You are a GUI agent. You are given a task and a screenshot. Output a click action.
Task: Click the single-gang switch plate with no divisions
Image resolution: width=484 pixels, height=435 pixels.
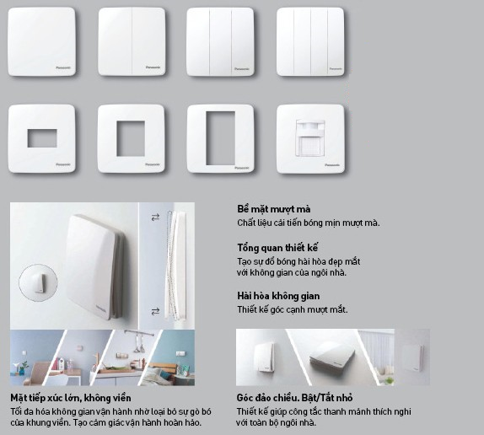pos(41,41)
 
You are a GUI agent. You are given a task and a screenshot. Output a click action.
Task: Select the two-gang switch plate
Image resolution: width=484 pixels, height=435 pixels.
pos(132,41)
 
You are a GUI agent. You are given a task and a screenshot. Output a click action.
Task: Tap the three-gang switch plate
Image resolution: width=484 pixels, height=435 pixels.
pos(220,41)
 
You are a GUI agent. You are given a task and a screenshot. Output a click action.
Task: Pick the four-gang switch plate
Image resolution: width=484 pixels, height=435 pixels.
pos(310,41)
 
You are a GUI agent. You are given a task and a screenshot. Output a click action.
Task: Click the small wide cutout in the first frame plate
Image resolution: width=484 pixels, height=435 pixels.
pos(42,138)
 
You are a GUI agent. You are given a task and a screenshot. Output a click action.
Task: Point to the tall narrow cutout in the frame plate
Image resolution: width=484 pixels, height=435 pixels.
pos(220,138)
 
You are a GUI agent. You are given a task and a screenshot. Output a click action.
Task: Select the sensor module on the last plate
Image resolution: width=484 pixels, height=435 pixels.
pos(310,138)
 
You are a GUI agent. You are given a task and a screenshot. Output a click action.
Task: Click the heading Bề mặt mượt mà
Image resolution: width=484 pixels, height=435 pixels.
pos(274,209)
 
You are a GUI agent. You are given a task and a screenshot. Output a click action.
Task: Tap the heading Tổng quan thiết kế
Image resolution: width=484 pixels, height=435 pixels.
pos(277,248)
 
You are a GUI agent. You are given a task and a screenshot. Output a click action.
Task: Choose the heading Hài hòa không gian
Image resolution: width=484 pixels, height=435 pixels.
pos(278,296)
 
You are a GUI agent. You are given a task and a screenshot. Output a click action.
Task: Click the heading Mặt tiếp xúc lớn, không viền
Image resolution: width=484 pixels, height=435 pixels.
pos(71,398)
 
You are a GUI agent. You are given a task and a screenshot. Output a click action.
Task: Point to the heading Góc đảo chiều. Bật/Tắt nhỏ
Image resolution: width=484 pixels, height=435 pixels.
pos(294,398)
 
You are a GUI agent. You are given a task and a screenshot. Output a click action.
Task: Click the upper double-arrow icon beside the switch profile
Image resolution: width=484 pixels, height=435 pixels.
pos(155,217)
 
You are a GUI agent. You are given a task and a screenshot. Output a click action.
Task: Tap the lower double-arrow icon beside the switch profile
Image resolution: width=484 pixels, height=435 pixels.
pos(155,312)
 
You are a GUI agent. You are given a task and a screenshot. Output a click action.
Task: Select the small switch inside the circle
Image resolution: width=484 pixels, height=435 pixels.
pos(39,283)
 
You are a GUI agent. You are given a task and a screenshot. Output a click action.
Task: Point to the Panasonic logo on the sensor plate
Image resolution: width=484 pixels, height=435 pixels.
pos(332,165)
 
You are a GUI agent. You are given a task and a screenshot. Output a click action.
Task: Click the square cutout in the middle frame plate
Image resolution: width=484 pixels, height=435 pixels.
pos(131,138)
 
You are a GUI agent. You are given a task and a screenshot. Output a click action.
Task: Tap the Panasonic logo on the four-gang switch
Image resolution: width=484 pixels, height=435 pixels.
pos(336,69)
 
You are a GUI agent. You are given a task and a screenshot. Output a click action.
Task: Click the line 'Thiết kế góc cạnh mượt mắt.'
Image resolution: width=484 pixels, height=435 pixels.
pos(293,309)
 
